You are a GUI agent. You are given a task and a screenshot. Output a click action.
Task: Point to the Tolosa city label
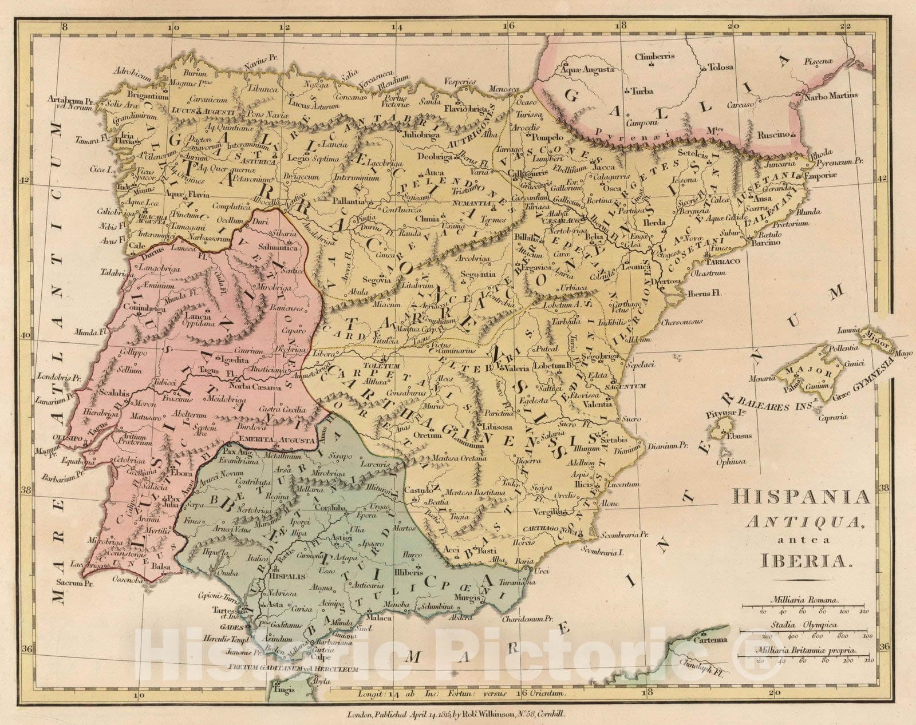click(x=721, y=67)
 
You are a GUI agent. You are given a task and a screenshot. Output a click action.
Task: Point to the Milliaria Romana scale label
click(x=804, y=601)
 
